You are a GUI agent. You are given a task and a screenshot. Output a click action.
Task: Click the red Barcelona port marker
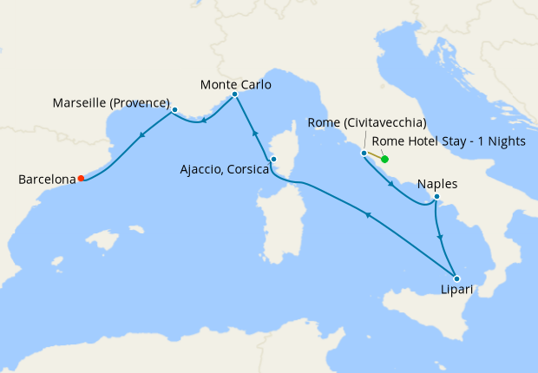[x=81, y=179]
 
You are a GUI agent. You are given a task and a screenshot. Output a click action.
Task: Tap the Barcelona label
[x=47, y=180]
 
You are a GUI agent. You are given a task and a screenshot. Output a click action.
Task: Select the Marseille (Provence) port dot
[x=174, y=110]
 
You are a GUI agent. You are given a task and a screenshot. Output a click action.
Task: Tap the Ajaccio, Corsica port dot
[x=272, y=159]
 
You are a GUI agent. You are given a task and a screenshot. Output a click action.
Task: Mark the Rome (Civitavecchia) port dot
[x=364, y=153]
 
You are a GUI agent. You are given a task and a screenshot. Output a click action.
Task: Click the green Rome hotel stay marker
[x=384, y=159]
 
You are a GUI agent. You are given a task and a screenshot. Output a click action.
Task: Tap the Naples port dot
[x=437, y=199]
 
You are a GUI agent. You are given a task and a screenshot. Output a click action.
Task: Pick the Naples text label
[x=436, y=184]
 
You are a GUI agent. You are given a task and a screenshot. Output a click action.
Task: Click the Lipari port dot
[x=456, y=278]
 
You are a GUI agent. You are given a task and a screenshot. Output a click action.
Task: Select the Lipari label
[x=456, y=290]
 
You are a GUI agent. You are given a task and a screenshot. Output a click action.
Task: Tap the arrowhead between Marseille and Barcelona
[x=140, y=135]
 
